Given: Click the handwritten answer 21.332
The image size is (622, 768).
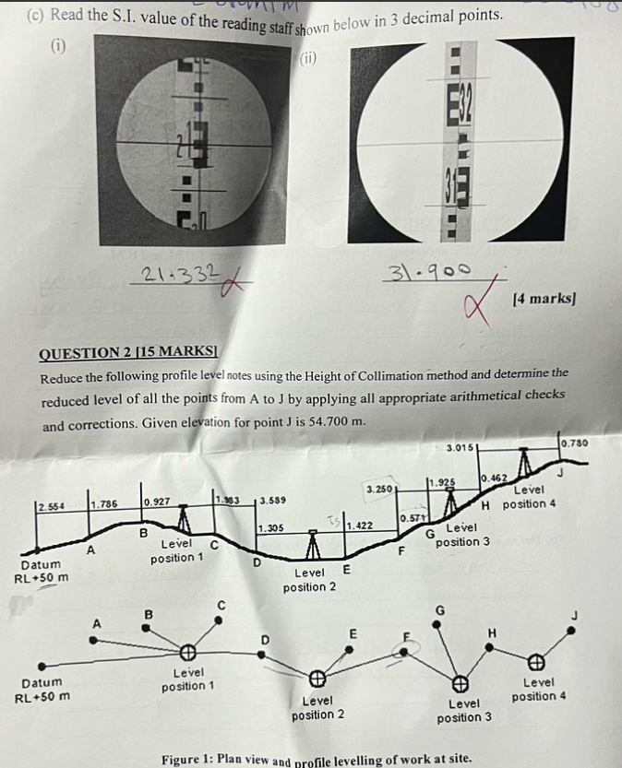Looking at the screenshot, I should tap(180, 271).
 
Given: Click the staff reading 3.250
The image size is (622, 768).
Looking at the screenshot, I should tap(380, 486).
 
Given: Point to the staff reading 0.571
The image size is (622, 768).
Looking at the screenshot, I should tap(412, 519).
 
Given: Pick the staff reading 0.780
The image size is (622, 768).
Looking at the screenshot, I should tap(574, 444).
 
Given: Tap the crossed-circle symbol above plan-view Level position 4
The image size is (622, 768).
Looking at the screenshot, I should tap(534, 661).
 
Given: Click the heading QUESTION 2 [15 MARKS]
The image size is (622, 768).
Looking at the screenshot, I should tap(126, 353).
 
